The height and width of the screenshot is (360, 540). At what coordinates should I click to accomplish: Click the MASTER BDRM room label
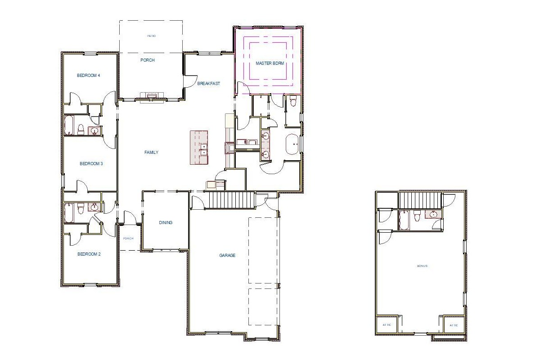tap(270, 63)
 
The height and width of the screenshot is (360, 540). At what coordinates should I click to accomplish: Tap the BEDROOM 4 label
tap(88, 76)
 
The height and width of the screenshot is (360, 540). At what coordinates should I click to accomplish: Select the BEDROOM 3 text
tap(91, 164)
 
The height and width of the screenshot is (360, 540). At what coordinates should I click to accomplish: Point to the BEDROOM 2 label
tap(89, 254)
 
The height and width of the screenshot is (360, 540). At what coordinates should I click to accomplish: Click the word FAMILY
tap(151, 153)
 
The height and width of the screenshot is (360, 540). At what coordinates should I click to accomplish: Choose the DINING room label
tap(166, 223)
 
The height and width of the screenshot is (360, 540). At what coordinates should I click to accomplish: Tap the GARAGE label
tap(227, 256)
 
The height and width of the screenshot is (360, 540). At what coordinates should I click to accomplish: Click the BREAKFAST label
tap(209, 84)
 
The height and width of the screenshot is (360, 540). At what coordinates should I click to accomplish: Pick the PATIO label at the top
tap(151, 36)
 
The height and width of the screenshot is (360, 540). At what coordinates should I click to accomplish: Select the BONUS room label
tap(422, 266)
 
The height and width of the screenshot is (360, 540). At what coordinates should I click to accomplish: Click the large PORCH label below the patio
tap(147, 60)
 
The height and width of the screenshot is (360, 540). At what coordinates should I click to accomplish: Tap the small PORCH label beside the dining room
tap(128, 238)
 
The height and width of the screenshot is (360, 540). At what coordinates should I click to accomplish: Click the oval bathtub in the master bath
tap(293, 144)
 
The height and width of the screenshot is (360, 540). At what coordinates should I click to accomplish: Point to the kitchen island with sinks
tap(199, 147)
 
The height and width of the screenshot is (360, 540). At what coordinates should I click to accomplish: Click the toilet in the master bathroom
tap(293, 101)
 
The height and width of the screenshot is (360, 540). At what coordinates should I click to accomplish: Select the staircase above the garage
tap(224, 199)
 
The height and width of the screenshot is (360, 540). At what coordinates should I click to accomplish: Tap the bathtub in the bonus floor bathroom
tap(404, 219)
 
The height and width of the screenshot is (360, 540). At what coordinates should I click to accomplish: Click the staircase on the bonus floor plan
tap(419, 200)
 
